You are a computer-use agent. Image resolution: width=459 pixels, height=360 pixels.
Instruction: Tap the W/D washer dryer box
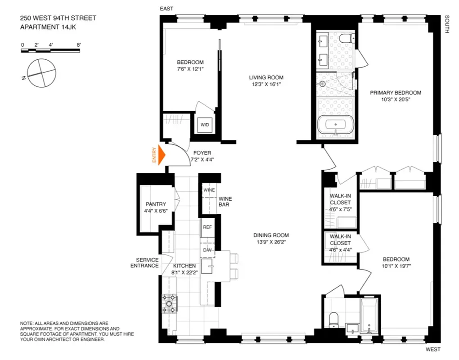[204, 124]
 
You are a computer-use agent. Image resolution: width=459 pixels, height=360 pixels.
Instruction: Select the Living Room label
[266, 77]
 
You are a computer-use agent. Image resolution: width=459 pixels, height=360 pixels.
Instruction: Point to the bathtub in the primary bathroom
[335, 125]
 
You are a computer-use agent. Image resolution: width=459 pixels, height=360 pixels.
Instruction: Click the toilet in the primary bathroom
[346, 39]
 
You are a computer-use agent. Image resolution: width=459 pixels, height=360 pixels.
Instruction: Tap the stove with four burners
[170, 303]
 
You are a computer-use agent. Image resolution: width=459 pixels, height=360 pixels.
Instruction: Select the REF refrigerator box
[207, 227]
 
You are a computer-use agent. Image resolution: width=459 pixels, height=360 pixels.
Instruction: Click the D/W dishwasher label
[207, 250]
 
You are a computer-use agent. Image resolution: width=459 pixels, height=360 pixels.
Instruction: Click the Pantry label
[156, 204]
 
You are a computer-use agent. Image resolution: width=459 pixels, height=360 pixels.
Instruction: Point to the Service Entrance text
[144, 263]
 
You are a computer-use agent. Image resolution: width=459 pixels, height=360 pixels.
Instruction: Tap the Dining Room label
[271, 235]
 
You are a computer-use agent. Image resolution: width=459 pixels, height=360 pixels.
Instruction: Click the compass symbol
[41, 72]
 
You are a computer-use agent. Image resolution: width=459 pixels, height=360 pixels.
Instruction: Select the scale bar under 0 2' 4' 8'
[50, 51]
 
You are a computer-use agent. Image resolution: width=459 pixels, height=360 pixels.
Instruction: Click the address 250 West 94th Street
[58, 18]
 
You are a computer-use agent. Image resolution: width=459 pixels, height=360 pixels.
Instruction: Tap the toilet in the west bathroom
[333, 319]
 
